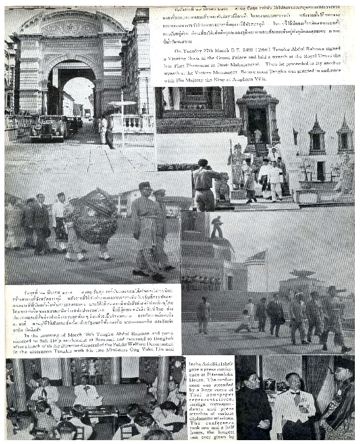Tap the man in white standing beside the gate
pyautogui.click(x=103, y=129)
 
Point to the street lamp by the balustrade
pyautogui.click(x=122, y=116)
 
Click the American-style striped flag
pyautogui.click(x=255, y=259)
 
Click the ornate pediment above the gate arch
pyautogui.click(x=71, y=26)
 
